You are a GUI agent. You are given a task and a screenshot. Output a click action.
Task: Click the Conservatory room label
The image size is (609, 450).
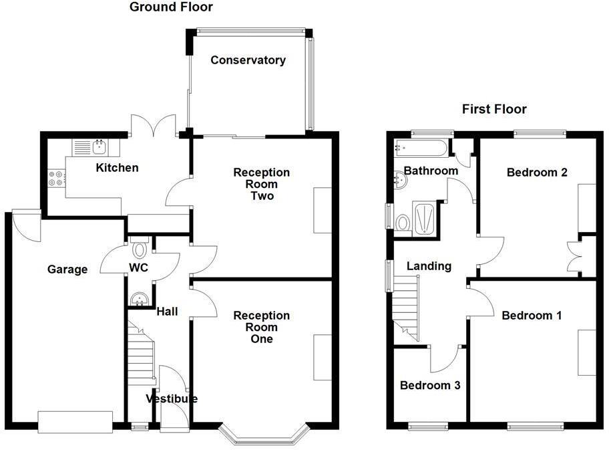[248, 60]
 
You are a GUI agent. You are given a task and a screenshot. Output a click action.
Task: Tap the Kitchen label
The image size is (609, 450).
[117, 167]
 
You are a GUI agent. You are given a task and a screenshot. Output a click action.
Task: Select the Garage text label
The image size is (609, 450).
[67, 269]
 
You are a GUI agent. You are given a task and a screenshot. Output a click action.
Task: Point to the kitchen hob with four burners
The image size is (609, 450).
[56, 178]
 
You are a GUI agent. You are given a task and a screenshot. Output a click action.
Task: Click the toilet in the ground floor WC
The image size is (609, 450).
[140, 249]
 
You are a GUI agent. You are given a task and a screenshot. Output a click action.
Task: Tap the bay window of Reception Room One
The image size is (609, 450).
[263, 435]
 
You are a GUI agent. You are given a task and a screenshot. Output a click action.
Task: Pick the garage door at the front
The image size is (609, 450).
[75, 422]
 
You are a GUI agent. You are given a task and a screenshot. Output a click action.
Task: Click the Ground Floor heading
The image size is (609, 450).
[171, 7]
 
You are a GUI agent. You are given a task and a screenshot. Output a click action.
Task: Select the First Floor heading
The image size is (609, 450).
[494, 109]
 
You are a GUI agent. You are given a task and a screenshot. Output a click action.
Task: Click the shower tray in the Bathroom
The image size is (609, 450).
[425, 218]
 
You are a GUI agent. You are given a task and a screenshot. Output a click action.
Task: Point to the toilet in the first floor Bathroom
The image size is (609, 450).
[402, 223]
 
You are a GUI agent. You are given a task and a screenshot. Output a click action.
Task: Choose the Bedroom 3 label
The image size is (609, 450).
[430, 385]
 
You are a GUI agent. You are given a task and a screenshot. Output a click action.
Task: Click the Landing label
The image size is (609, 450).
[429, 266]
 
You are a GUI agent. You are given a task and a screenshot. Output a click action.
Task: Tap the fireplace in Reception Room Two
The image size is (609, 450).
[323, 210]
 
